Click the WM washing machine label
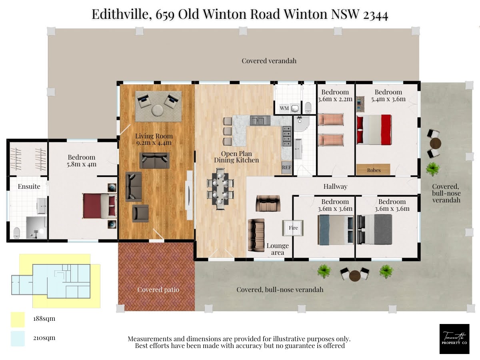point(284,108)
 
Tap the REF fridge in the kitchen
point(286,168)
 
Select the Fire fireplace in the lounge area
point(293,228)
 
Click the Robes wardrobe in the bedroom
point(373,170)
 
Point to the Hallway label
point(335,186)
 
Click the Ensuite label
point(29,186)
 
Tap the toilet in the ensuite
point(17,232)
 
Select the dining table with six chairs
point(220,189)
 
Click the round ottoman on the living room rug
point(158,110)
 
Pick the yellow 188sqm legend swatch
point(18,320)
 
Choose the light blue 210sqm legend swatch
point(18,338)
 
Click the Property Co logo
point(454,339)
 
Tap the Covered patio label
point(158,290)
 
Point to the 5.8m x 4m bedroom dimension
point(82,164)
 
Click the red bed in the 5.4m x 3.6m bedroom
point(374,130)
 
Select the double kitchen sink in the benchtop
point(260,120)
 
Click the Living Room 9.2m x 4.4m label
point(154,139)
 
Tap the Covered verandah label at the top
point(269,61)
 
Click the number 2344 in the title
point(376,15)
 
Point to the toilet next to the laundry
point(308,107)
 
